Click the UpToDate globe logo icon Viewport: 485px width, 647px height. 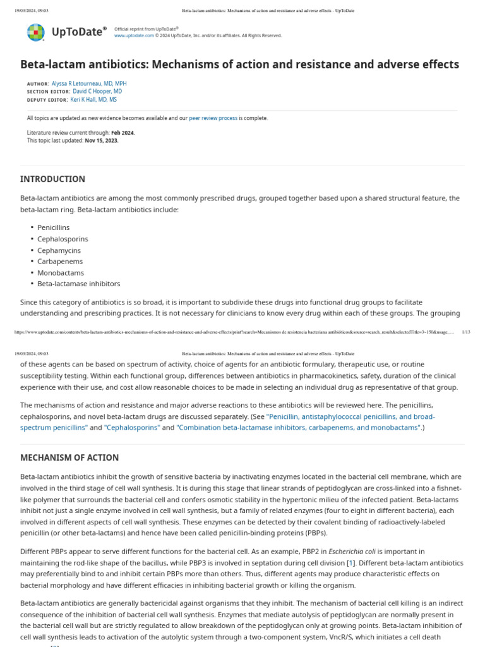(36, 32)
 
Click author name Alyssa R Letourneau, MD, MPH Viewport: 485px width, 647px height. (89, 83)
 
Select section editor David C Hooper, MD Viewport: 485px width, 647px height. (97, 92)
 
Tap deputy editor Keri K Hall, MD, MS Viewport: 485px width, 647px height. (93, 100)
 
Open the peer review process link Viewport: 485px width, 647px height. (213, 118)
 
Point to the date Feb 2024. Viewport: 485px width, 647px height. (123, 133)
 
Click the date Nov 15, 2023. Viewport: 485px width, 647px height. (101, 140)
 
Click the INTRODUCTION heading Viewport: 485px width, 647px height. (52, 179)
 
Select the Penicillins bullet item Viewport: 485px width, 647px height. (54, 227)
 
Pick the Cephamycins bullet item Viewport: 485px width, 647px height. (56, 250)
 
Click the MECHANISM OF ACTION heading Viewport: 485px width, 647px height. (69, 457)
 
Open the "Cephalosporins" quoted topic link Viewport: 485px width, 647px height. (132, 428)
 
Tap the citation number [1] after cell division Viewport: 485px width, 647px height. (350, 563)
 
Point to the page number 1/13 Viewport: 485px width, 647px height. (466, 332)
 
